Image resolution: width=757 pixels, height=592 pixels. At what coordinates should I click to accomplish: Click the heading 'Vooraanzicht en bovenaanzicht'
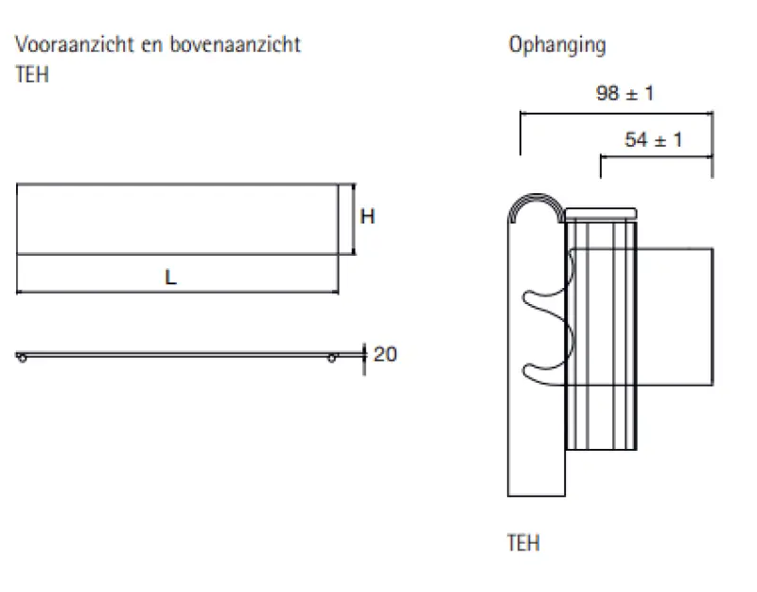point(158,45)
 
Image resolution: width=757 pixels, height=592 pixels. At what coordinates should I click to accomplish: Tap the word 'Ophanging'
point(556,45)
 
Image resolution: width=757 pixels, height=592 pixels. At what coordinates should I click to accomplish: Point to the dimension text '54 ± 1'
point(653,140)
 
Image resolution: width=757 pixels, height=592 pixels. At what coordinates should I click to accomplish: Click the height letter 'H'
point(367,217)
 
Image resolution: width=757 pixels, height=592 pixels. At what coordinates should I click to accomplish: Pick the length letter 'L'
point(170,278)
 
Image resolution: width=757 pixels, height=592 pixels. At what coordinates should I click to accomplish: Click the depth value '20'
point(385,354)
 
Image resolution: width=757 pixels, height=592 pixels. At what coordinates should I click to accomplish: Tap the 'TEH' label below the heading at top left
point(32,75)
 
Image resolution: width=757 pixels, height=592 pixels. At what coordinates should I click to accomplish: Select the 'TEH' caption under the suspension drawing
point(523,543)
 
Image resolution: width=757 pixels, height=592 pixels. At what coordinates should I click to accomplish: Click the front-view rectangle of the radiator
point(176,219)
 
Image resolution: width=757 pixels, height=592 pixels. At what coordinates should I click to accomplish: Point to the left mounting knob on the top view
point(21,357)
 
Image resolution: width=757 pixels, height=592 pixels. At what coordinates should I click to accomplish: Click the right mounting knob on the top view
point(332,357)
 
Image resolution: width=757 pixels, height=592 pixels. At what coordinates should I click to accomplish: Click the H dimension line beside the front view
point(354,219)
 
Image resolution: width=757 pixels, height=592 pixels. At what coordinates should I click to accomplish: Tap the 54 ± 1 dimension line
point(656,156)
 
